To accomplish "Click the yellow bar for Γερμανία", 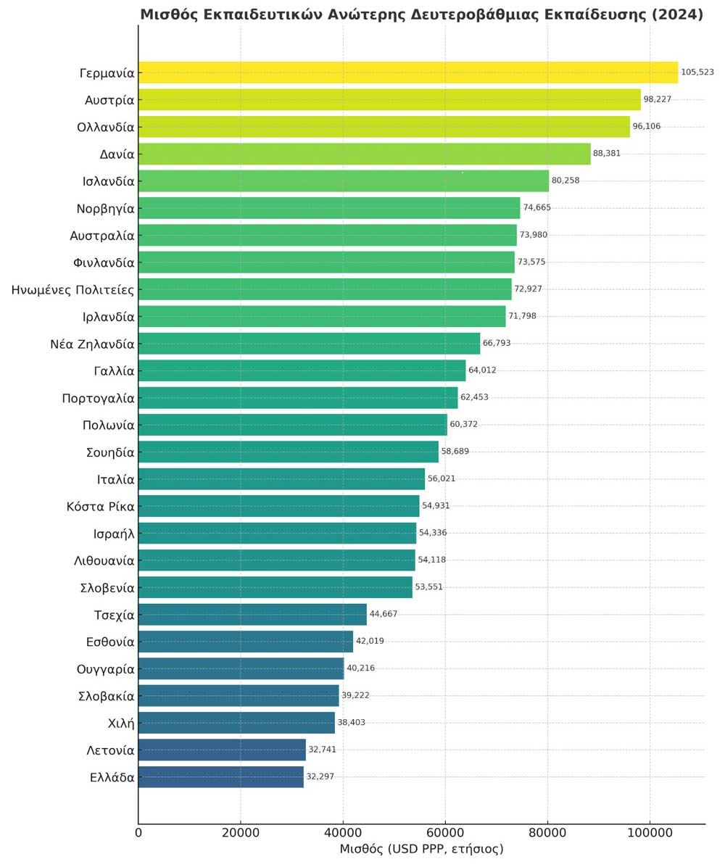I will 407,72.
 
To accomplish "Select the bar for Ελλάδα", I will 220,777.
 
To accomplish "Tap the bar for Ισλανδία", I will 343,181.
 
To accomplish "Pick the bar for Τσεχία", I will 252,615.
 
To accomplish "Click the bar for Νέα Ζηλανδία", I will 309,344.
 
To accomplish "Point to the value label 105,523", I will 697,72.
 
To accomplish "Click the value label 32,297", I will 320,777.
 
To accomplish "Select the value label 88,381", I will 607,154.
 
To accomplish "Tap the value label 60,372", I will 464,425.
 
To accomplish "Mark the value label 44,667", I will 384,615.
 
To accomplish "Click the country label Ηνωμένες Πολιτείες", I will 72,290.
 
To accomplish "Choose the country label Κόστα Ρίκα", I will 100,507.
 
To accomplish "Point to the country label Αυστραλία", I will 102,236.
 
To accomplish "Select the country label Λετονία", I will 110,750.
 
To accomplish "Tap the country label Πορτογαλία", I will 99,398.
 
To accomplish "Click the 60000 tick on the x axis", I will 445,832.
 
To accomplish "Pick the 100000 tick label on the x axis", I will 650,832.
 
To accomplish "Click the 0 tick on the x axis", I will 138,832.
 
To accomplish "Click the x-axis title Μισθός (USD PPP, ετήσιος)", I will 421,849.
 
